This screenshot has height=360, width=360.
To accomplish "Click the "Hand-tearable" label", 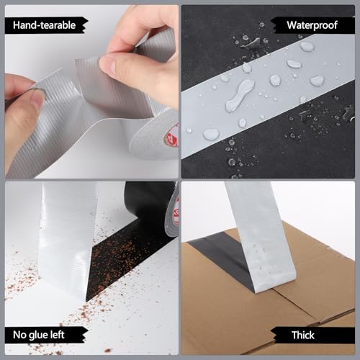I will point(45,25).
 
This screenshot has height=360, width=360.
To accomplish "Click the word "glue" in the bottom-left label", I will point(44,335).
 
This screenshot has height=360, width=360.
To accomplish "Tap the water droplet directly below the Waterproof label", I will point(307,47).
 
